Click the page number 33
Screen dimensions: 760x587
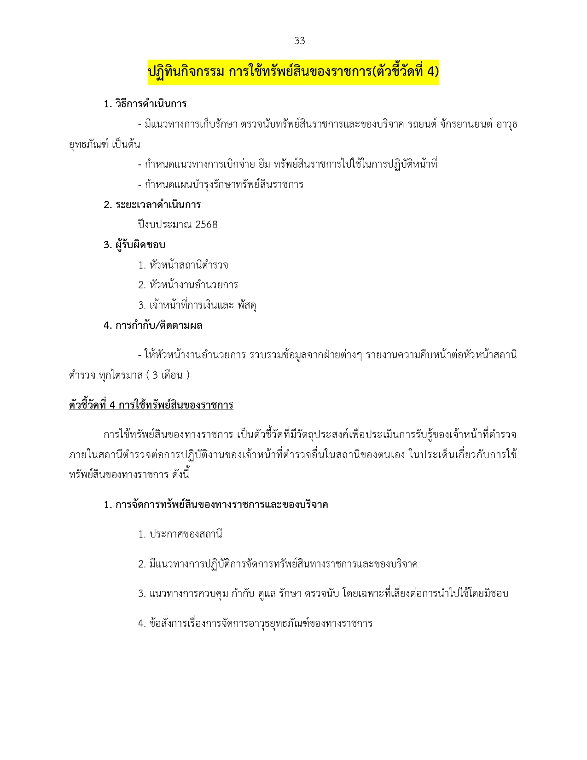coord(299,41)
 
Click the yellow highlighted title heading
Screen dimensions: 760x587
coord(293,72)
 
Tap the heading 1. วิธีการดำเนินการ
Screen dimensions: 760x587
coord(145,104)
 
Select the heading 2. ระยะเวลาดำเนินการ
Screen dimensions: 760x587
coord(152,205)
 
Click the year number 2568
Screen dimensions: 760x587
coord(206,225)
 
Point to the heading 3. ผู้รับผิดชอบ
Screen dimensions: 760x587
coord(134,245)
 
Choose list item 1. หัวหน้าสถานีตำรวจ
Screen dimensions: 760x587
coord(183,265)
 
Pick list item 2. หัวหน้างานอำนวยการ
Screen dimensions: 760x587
coord(188,285)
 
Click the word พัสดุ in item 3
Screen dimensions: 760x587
coord(247,305)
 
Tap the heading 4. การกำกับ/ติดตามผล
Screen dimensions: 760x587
coord(153,326)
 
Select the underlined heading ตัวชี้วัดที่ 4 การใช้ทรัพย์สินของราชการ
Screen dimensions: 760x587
coord(151,405)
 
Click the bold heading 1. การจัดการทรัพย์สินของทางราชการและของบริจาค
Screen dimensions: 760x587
coord(216,505)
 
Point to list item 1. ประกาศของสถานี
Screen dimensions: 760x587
coord(180,534)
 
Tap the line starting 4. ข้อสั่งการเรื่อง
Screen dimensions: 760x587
coord(255,624)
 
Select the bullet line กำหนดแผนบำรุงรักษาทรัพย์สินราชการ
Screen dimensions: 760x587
coord(221,185)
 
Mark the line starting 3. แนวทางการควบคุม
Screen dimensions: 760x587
coord(323,594)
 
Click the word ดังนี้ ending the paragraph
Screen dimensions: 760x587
coord(180,475)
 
